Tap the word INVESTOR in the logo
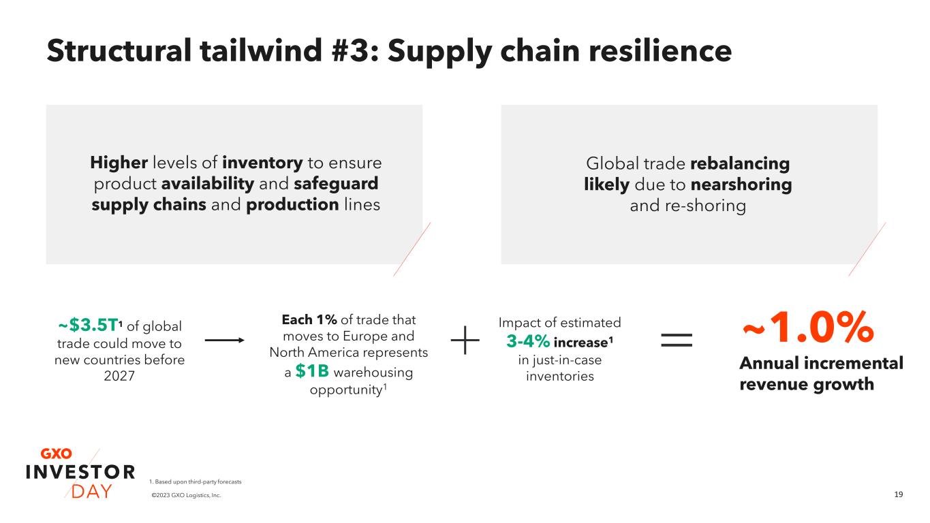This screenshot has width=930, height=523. click(80, 472)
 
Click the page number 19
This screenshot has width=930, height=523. click(898, 494)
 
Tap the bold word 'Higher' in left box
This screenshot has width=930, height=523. click(119, 163)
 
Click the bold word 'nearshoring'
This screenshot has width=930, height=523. click(741, 185)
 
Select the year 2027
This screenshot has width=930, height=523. click(120, 376)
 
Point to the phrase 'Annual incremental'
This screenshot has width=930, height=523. click(821, 364)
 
